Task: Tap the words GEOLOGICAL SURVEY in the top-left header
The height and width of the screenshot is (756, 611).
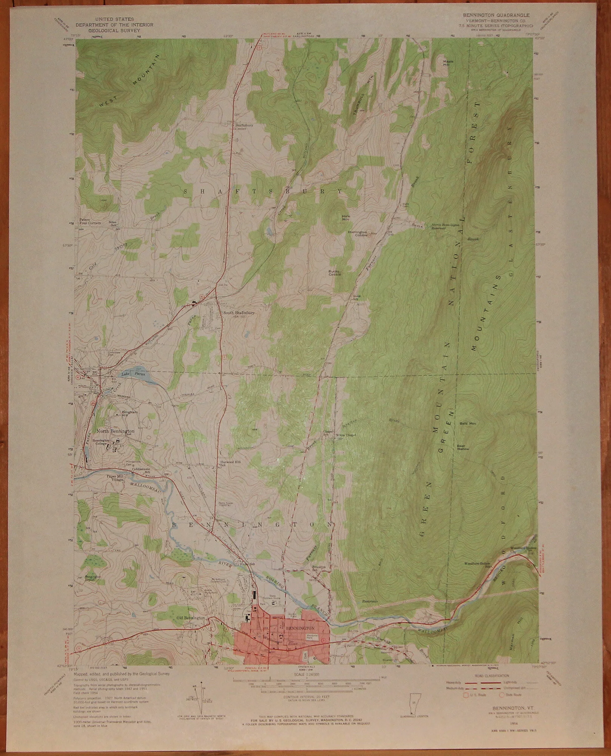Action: (114, 30)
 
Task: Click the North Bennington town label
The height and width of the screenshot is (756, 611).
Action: (115, 431)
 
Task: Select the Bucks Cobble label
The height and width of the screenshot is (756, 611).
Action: (335, 273)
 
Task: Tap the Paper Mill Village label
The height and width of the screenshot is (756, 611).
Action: (115, 477)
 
